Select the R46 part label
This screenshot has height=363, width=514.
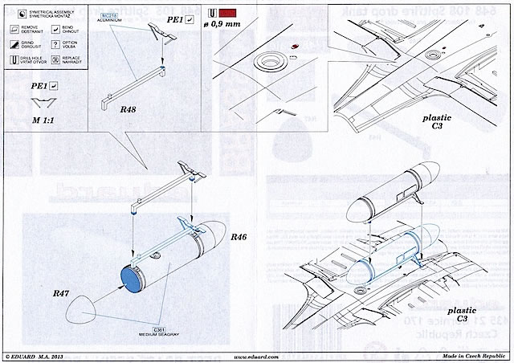240,239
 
